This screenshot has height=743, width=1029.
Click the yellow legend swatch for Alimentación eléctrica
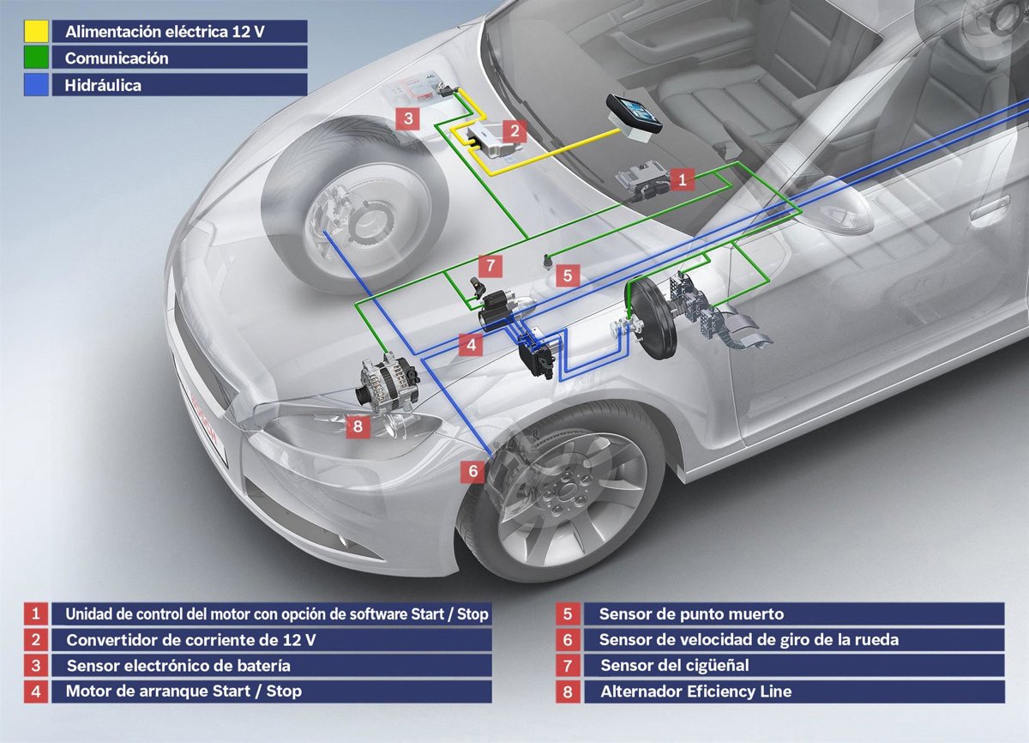pyautogui.click(x=36, y=32)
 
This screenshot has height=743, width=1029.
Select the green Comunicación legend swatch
pyautogui.click(x=36, y=58)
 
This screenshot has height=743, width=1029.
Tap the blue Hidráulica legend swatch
pyautogui.click(x=36, y=85)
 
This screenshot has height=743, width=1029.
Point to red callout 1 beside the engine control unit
pyautogui.click(x=682, y=179)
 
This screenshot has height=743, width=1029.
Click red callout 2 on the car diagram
pyautogui.click(x=514, y=131)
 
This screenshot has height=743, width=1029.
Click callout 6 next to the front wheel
pyautogui.click(x=472, y=471)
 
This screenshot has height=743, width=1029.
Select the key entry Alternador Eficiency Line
pyautogui.click(x=695, y=691)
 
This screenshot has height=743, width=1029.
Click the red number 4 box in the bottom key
pyautogui.click(x=35, y=691)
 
